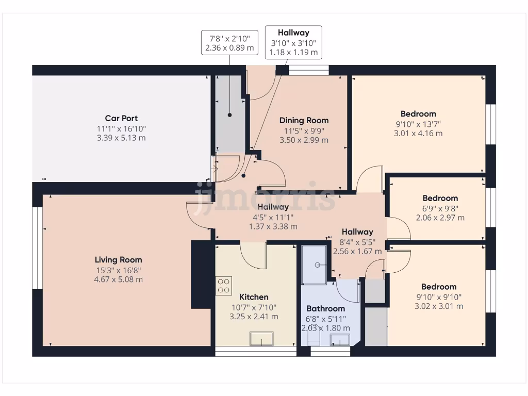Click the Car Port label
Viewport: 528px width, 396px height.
coord(121,118)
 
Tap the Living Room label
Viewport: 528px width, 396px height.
coord(118,260)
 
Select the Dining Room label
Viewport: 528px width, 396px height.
coord(304,120)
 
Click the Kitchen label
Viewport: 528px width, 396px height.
coord(254,297)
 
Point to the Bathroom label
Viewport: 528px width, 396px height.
coord(325,308)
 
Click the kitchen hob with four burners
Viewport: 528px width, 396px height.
coord(224,285)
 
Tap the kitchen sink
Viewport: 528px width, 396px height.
coord(262,339)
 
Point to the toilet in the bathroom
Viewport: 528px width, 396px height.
coord(314,338)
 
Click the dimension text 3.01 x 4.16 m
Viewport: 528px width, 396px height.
coord(418,134)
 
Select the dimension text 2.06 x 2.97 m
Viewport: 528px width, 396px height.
coord(440,218)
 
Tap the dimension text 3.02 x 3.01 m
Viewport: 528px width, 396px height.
coord(439,306)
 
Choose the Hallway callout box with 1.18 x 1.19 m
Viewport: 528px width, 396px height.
coord(293,42)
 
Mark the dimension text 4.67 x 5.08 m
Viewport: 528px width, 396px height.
coord(118,279)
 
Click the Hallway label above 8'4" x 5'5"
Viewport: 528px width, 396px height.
coord(357,232)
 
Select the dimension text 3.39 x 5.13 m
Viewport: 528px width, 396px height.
coord(121,138)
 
